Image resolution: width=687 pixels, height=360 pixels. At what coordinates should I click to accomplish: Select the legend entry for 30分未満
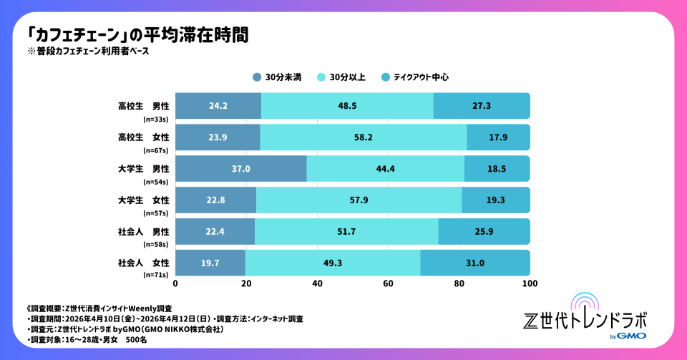(x=275, y=77)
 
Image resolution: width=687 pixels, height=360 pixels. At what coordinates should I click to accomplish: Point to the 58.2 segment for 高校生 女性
(x=363, y=137)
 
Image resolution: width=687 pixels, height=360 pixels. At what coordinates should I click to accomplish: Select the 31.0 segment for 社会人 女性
(x=474, y=263)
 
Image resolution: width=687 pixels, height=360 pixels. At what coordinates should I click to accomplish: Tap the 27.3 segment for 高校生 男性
(x=482, y=106)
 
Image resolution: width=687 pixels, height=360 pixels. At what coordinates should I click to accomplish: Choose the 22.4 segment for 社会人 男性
(x=215, y=232)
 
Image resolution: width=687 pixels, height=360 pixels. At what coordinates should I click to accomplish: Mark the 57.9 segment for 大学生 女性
(x=359, y=200)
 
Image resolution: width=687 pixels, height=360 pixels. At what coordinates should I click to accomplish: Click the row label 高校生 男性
(x=143, y=107)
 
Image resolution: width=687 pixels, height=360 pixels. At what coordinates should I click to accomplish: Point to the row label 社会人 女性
(x=143, y=263)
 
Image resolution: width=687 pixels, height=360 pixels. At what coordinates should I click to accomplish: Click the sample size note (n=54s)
(x=155, y=180)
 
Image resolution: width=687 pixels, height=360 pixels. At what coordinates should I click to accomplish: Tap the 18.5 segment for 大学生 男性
(x=497, y=169)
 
